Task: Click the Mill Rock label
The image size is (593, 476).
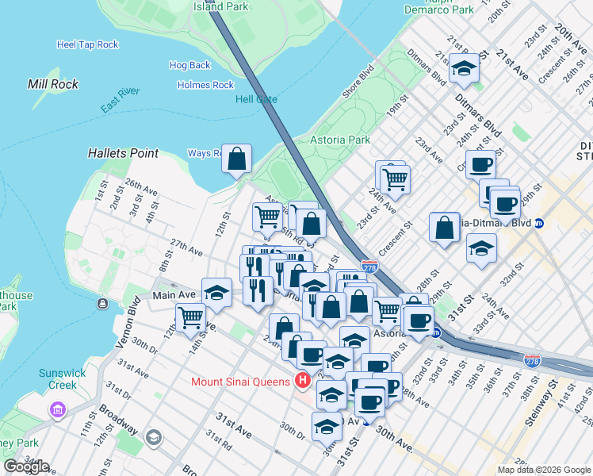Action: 52,84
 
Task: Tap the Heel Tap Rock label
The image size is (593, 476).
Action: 87,44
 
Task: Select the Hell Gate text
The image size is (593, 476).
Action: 256,99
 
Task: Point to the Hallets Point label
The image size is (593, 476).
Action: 123,153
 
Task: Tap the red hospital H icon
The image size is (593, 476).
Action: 301,382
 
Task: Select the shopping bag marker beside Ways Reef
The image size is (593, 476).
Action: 237,158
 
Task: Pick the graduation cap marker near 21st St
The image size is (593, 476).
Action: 464,68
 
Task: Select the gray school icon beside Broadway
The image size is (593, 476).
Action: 153,436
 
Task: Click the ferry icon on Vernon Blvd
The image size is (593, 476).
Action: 102,304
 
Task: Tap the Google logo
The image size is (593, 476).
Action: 25,466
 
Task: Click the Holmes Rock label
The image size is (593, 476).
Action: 205,85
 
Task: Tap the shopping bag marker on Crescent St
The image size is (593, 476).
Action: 445,227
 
